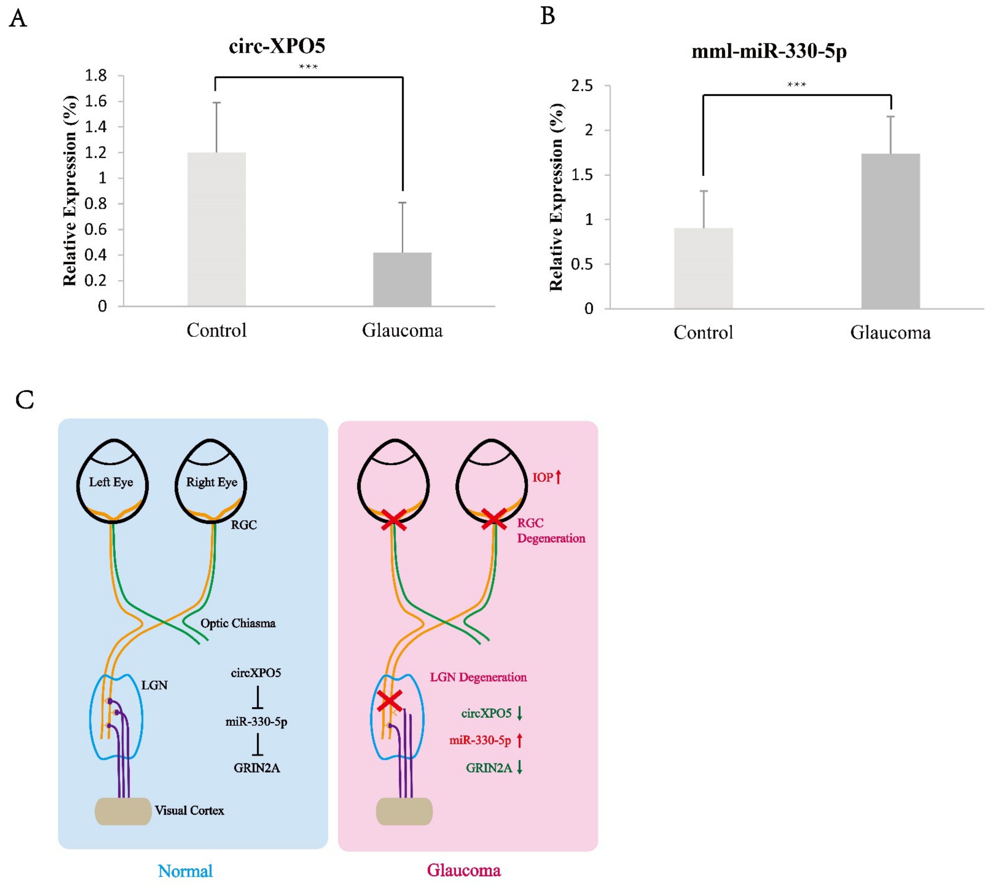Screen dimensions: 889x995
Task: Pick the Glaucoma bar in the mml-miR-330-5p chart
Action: tap(891, 231)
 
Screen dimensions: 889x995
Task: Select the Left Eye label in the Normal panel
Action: tap(111, 482)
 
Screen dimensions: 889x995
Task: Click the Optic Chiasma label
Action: tap(238, 623)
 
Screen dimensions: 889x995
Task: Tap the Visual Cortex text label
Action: tap(189, 810)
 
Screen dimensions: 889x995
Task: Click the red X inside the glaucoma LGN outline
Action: tap(390, 701)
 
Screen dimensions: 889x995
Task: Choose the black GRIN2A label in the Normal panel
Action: tap(257, 768)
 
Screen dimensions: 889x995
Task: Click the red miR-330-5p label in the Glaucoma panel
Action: tap(480, 741)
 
